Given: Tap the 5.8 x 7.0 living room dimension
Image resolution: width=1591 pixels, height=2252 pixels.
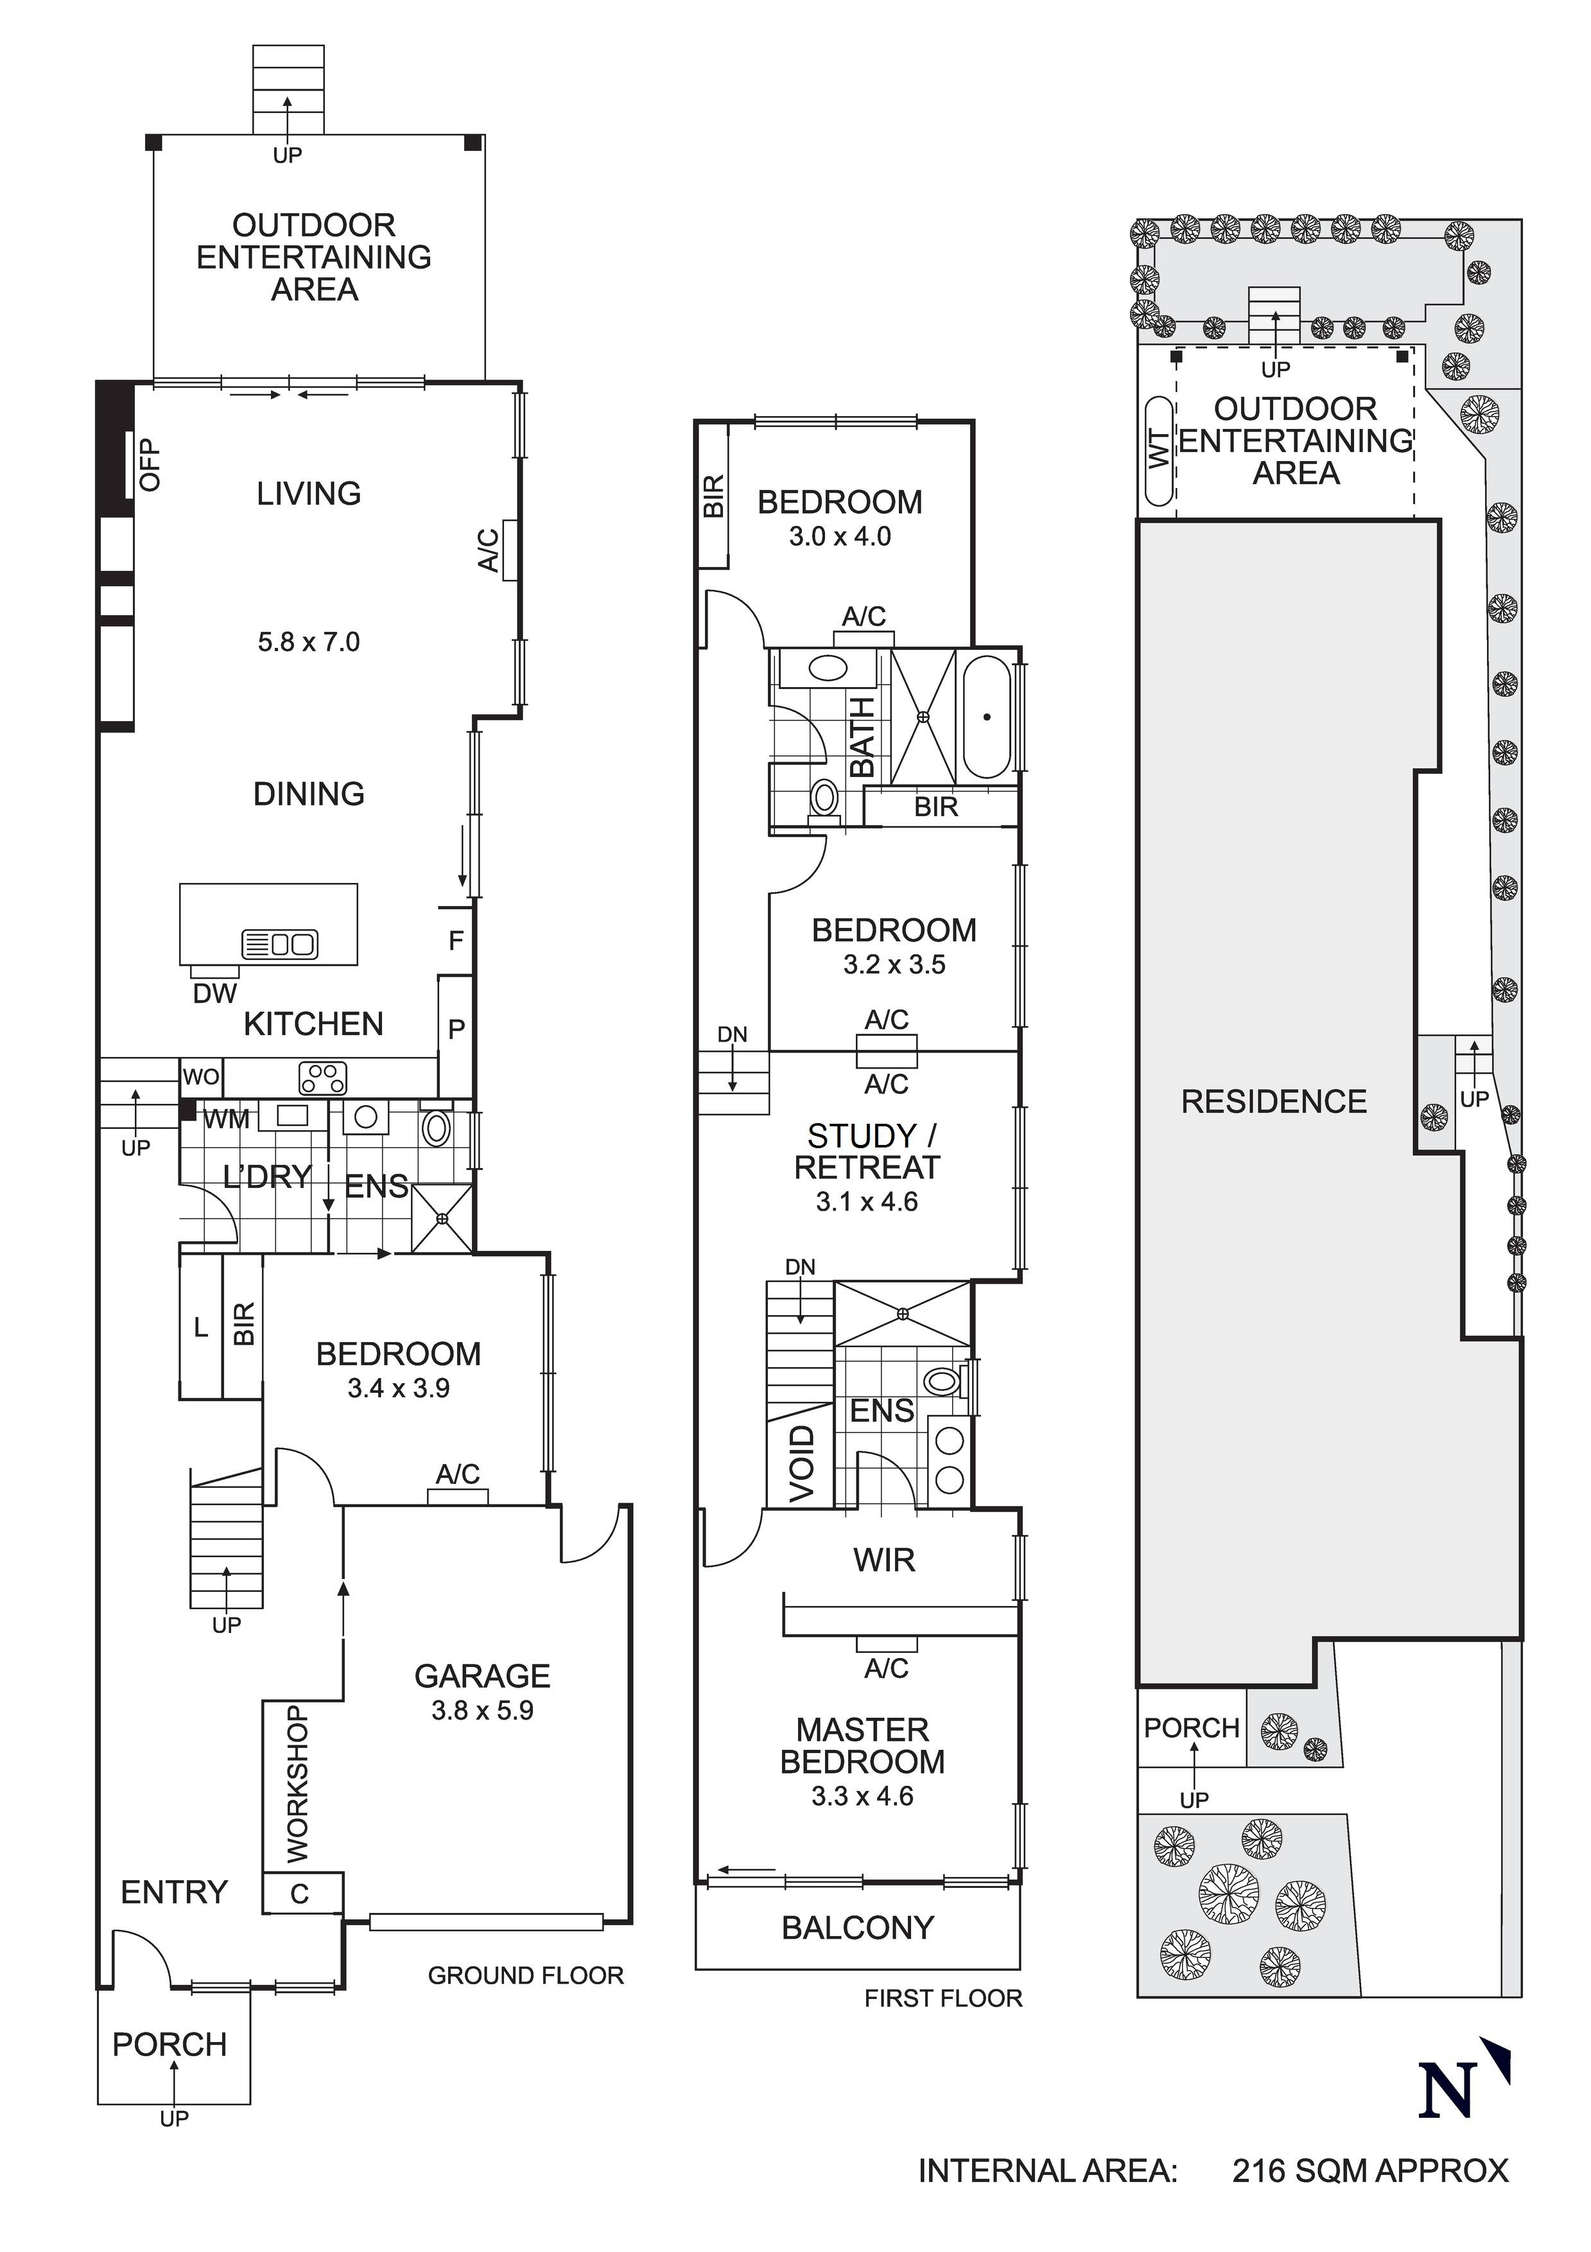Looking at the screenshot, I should pos(309,642).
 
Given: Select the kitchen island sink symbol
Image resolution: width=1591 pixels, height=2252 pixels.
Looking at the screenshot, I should pos(279,945).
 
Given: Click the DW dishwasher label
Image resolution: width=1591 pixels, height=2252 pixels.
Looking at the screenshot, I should pos(215,993).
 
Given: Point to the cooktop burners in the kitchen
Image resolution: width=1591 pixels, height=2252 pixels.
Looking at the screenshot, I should pos(323,1078).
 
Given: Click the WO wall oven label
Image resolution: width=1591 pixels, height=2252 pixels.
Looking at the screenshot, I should pos(201,1077).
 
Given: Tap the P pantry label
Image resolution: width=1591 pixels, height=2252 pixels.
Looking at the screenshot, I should pos(456,1030).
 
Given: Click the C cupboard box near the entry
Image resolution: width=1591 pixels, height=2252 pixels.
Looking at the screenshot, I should pos(300,1894).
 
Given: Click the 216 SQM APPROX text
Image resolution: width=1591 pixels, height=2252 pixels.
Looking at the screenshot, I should pos(1370,2170).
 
